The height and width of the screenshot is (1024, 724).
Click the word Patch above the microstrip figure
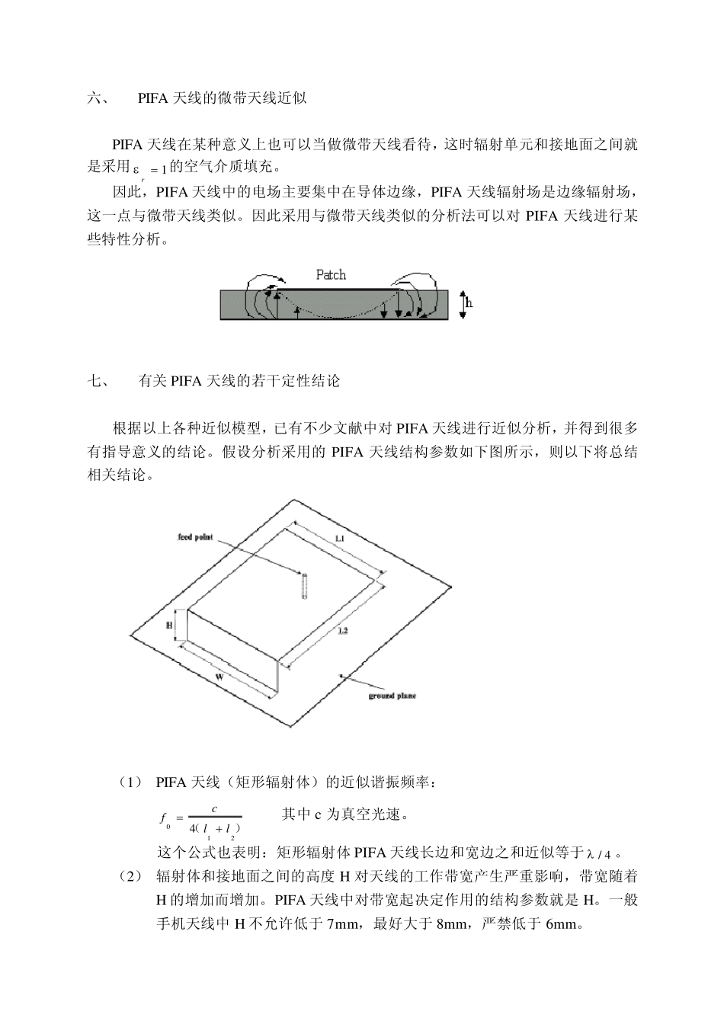[x=331, y=274]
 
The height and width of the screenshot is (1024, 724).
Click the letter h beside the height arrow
[x=469, y=303]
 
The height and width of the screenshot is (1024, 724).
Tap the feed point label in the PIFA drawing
[x=195, y=537]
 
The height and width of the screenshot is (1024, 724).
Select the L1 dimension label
[x=340, y=539]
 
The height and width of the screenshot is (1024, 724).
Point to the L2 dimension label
[x=342, y=631]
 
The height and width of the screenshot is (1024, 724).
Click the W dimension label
[x=219, y=675]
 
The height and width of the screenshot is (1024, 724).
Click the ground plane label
[x=392, y=696]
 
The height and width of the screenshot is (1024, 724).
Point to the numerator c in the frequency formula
[x=215, y=809]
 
